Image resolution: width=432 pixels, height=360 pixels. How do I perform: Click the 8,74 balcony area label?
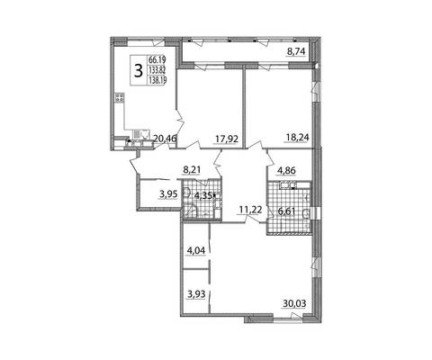[296, 51]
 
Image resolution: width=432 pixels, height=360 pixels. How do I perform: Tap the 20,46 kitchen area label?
[165, 139]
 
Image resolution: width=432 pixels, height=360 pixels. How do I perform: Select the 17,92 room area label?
[227, 139]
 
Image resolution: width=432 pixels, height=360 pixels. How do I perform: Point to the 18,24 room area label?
[297, 138]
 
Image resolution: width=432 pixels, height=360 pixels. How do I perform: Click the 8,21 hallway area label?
[192, 170]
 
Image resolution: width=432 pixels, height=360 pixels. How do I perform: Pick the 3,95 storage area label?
[168, 194]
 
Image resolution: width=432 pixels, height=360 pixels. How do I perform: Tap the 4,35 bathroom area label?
[203, 195]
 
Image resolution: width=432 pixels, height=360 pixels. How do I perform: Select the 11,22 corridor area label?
[250, 210]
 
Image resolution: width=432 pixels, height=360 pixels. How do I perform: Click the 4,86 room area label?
[286, 170]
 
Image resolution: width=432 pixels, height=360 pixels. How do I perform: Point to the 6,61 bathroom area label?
[287, 211]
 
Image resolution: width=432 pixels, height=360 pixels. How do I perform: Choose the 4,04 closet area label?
[196, 250]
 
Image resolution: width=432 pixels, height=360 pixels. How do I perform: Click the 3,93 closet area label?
[196, 294]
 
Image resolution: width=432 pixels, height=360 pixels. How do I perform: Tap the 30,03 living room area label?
[294, 303]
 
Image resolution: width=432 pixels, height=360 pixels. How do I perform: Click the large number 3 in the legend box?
[139, 71]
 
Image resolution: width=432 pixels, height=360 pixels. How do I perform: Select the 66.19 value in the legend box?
[157, 59]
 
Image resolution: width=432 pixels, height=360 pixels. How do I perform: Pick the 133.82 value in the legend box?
[157, 70]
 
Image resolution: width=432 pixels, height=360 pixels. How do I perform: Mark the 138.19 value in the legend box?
[157, 80]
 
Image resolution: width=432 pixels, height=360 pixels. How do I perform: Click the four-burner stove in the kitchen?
[120, 98]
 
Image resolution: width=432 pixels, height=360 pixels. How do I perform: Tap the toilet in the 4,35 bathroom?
[186, 192]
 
